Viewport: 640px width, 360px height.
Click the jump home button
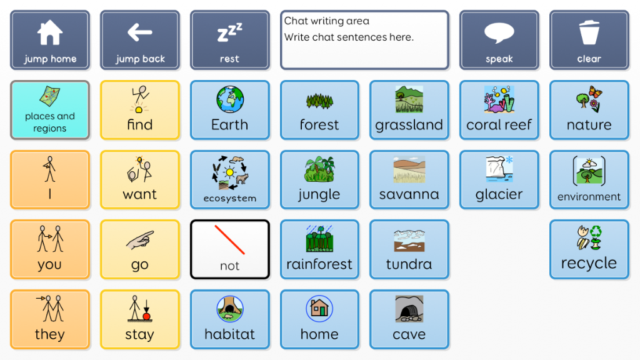[x=50, y=40]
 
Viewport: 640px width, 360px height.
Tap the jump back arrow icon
[x=139, y=32]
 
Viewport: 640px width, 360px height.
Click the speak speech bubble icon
[x=499, y=32]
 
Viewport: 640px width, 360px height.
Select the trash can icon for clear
[x=589, y=32]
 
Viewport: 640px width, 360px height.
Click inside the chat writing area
[x=364, y=40]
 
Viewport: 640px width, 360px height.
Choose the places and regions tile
[x=50, y=110]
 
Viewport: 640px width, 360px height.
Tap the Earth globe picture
[x=230, y=99]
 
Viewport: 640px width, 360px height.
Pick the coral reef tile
[x=499, y=110]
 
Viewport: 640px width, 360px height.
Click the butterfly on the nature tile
[x=595, y=92]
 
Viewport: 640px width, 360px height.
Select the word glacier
[x=499, y=194]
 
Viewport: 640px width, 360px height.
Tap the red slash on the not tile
[x=229, y=239]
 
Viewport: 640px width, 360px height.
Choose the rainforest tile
[x=319, y=249]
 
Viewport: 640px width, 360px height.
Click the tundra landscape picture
[x=409, y=241]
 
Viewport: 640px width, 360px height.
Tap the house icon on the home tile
[x=319, y=308]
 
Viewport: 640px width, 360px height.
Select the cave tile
[x=409, y=319]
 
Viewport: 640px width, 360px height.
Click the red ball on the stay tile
[x=146, y=316]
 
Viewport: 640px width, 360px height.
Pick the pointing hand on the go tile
[x=140, y=241]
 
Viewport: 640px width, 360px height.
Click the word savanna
[x=409, y=194]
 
